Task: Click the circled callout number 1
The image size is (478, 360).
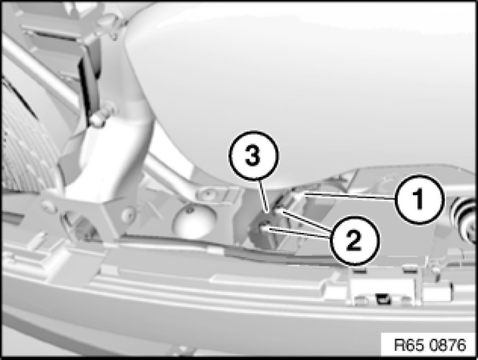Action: click(x=418, y=199)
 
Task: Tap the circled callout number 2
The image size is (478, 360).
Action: click(x=354, y=240)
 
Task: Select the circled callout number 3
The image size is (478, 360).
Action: click(x=253, y=155)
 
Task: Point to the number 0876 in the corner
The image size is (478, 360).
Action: click(x=449, y=345)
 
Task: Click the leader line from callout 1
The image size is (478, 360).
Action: click(x=350, y=196)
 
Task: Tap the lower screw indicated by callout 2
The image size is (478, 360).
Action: click(x=263, y=227)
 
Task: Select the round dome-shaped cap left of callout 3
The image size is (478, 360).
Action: click(x=194, y=220)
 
